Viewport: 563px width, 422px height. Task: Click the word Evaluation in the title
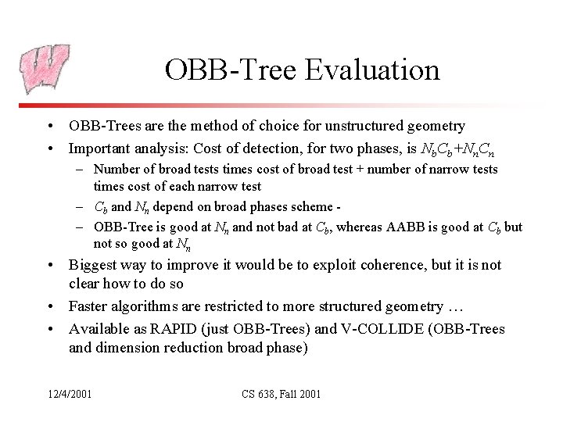372,70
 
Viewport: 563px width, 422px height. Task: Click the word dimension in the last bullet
130,347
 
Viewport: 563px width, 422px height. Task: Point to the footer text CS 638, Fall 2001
281,393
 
